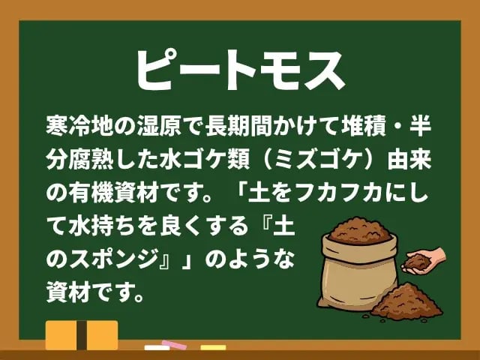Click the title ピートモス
click(240, 69)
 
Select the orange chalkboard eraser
click(82, 335)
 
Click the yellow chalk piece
click(213, 347)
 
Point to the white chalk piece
click(156, 348)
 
